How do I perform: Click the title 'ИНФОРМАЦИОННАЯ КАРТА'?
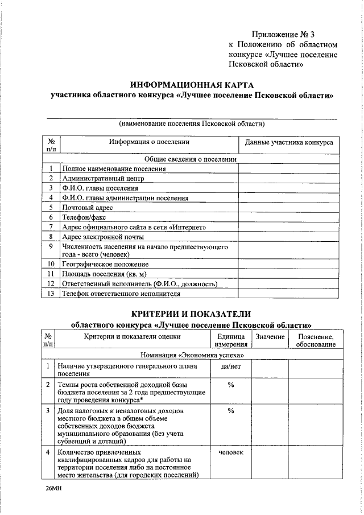[x=191, y=85]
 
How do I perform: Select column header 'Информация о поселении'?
[x=149, y=142]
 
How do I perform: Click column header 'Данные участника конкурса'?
[x=289, y=142]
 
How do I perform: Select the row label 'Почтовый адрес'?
[x=84, y=208]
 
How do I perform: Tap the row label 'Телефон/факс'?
[x=81, y=217]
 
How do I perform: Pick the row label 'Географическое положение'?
[x=105, y=265]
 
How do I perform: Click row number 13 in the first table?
[x=51, y=294]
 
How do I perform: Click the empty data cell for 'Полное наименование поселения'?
[x=288, y=168]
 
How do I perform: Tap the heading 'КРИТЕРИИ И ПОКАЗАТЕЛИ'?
[x=191, y=315]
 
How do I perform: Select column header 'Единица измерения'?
[x=231, y=341]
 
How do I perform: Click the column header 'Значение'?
[x=270, y=337]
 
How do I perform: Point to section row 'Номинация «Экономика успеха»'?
[x=191, y=355]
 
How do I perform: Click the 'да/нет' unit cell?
[x=231, y=366]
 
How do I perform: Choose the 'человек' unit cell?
[x=231, y=452]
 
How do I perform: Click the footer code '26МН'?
[x=54, y=489]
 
